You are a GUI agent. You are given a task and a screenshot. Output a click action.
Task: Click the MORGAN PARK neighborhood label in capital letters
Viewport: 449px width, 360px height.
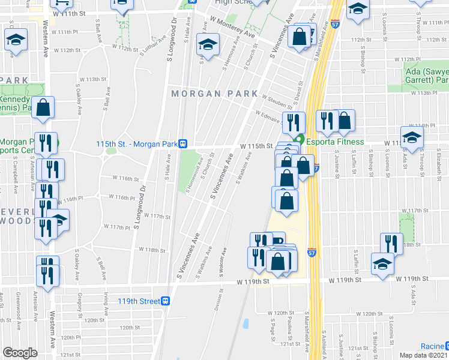[x=214, y=94]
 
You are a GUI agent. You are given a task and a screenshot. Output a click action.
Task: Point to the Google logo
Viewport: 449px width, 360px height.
[x=20, y=353]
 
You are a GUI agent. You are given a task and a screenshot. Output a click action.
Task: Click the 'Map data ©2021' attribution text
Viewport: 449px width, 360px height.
[x=424, y=355]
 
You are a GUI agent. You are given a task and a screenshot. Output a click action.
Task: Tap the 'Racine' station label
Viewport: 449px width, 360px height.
[x=431, y=347]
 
